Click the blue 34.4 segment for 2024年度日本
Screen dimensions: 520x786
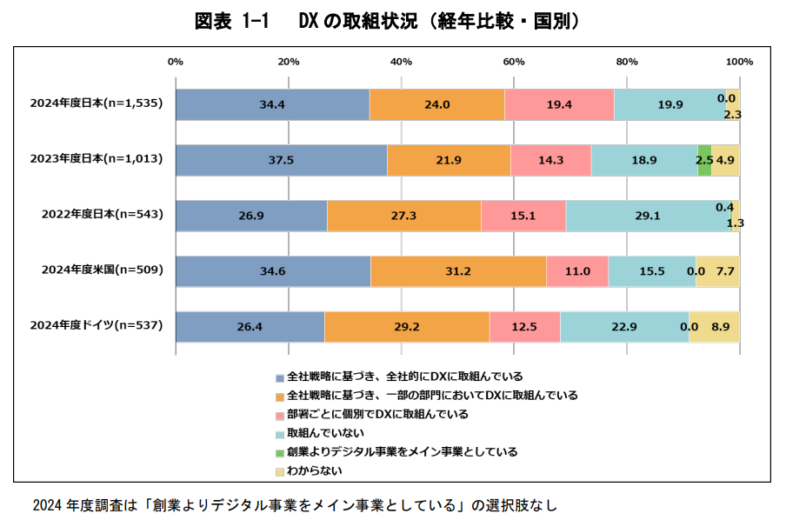[272, 104]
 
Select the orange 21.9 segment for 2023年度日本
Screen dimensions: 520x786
[449, 161]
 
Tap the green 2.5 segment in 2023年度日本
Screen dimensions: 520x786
[704, 161]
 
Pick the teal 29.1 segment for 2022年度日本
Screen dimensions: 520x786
[648, 216]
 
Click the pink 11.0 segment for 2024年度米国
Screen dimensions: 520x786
[576, 271]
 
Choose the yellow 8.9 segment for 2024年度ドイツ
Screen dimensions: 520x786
[714, 326]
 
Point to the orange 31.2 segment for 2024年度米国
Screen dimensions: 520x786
[458, 271]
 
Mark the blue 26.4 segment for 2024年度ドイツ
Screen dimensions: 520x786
[250, 326]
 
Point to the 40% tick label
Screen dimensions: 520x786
[401, 62]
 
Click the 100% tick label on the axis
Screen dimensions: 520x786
[739, 62]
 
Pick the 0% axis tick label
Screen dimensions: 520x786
[175, 62]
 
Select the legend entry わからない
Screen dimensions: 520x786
[314, 470]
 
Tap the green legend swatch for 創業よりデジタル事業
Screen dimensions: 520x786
[280, 452]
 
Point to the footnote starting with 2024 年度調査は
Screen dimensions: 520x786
[294, 503]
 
